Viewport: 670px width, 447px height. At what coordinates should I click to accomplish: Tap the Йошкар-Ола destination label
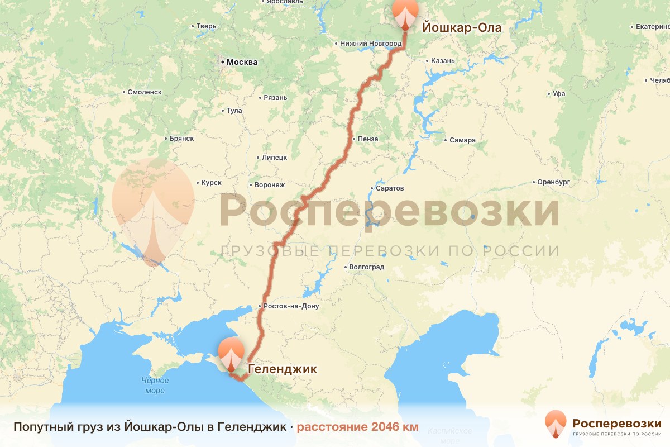(462, 27)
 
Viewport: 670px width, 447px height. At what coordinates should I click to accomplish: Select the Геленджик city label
(282, 369)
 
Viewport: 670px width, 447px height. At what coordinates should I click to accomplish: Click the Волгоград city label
(366, 267)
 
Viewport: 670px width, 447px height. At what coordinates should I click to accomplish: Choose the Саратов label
(389, 188)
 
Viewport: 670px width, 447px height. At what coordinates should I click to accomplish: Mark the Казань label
(443, 61)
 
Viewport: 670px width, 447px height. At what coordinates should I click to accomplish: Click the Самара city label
(462, 140)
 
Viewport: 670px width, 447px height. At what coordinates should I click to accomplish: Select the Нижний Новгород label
(371, 44)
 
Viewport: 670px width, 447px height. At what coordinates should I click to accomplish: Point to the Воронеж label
(269, 184)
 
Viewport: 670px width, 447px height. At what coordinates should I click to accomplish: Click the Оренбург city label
(553, 182)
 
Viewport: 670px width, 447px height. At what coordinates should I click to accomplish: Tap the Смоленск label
(144, 92)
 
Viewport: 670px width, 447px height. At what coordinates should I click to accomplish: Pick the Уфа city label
(558, 94)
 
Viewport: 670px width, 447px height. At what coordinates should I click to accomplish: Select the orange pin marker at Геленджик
(231, 354)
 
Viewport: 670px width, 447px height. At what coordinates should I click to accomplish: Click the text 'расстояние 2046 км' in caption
(357, 427)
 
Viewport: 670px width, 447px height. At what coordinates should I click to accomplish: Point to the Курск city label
(211, 183)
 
